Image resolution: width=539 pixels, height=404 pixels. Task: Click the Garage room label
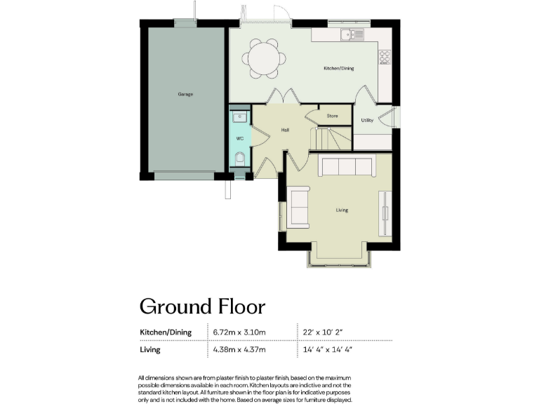tap(185, 94)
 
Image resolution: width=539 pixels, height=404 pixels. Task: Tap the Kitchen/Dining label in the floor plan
tap(338, 69)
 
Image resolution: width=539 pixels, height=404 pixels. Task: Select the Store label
tap(332, 116)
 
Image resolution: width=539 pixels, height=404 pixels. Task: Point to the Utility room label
tap(367, 121)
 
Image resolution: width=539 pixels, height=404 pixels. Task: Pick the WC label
tap(239, 138)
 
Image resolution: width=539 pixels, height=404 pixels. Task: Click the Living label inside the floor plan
tap(342, 210)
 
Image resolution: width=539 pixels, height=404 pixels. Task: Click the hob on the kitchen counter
tap(385, 56)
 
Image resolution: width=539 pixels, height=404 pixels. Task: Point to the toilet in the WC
tap(240, 158)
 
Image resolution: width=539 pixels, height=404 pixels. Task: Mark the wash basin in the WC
tap(239, 116)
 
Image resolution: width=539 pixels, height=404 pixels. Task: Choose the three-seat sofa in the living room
tap(345, 166)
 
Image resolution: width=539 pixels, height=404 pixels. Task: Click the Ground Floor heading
tap(201, 307)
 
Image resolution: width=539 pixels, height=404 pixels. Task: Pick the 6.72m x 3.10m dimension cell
tap(239, 332)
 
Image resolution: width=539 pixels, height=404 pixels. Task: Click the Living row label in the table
tap(150, 349)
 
